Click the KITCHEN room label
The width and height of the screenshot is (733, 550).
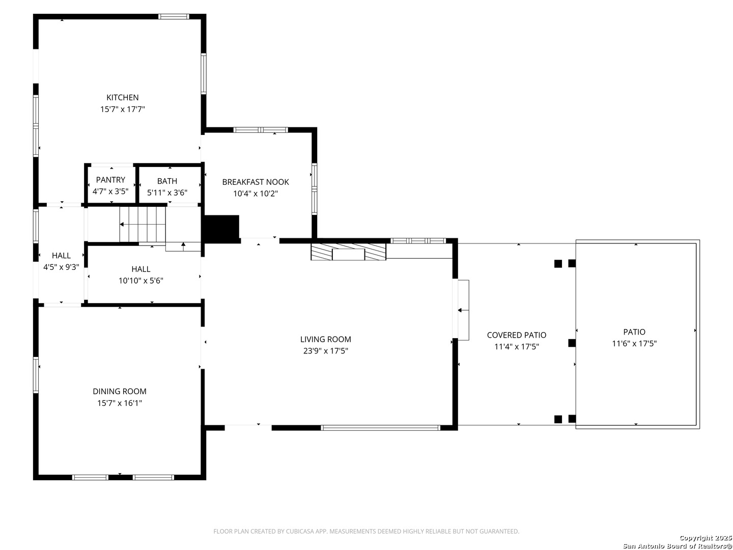(122, 97)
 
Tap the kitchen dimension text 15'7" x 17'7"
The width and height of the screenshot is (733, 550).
(123, 109)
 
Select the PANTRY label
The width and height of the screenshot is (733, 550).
(110, 180)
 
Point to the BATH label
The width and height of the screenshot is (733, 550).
(167, 181)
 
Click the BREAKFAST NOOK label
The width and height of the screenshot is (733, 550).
(256, 182)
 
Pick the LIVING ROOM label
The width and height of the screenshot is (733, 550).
(326, 339)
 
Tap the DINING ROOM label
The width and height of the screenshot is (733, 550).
(120, 392)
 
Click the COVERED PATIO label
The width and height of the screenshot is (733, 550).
(517, 335)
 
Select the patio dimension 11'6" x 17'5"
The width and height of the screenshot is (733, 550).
(634, 344)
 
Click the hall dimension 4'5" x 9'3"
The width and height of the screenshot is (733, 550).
(61, 267)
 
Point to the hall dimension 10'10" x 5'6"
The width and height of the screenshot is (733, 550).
(141, 281)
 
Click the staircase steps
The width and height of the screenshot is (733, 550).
(143, 224)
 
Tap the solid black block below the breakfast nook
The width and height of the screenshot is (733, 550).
(221, 229)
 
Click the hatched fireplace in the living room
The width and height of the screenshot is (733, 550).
(348, 252)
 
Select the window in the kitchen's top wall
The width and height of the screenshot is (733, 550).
(174, 17)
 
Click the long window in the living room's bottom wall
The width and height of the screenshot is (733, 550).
(380, 428)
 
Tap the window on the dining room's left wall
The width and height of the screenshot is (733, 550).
(36, 375)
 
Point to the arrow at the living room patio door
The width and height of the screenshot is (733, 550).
(463, 310)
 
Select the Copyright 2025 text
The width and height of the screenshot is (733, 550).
(706, 538)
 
